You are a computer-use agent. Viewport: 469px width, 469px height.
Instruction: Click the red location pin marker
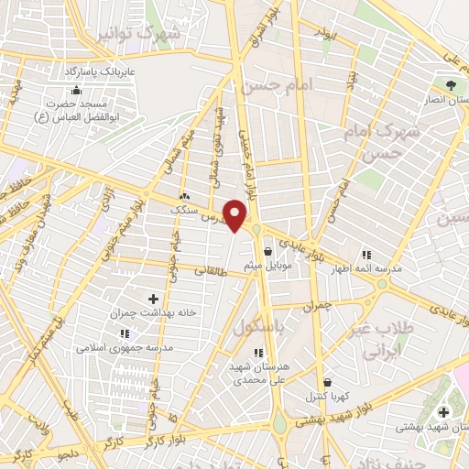(236, 216)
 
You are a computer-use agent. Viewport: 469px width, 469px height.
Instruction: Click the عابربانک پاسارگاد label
(99, 71)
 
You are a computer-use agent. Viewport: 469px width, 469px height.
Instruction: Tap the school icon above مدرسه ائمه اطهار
(366, 254)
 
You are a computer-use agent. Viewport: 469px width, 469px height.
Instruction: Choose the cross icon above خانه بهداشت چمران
(153, 299)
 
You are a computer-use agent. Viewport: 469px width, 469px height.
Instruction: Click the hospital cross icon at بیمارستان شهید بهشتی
(443, 411)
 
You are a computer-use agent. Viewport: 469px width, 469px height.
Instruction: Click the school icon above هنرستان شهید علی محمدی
(259, 352)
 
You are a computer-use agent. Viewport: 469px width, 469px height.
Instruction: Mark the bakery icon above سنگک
(185, 196)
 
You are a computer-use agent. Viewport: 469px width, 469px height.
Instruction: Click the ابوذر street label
(325, 33)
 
